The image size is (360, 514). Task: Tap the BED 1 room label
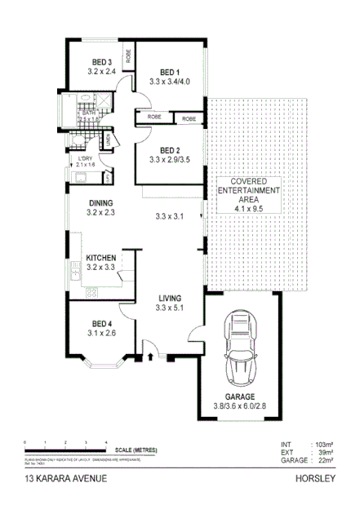169,73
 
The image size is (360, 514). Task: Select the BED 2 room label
169,150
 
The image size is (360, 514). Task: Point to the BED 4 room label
101,322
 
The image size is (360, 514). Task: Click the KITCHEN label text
102,258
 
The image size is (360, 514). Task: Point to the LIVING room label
170,298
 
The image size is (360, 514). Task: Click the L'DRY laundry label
86,158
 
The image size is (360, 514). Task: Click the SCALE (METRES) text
136,450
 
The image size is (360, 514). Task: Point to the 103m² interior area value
323,445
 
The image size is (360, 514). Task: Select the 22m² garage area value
325,461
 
